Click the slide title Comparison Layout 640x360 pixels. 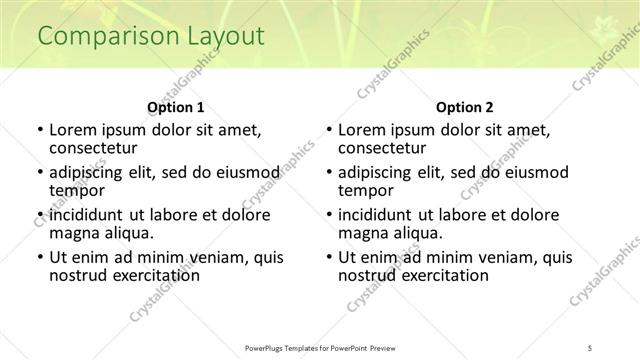(151, 37)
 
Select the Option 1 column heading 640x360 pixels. (176, 107)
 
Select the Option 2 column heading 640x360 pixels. (465, 107)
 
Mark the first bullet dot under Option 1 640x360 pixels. (39, 130)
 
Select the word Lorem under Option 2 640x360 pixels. (362, 129)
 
